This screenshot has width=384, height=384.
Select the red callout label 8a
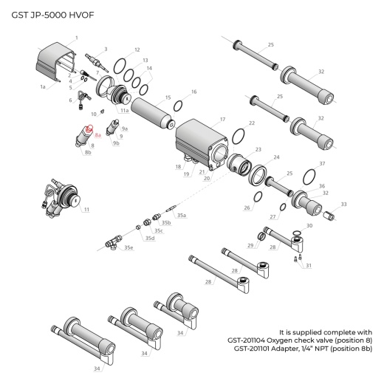tap(97, 135)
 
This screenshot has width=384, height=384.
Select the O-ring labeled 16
tap(179, 106)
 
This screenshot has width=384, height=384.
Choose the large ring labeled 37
tap(305, 177)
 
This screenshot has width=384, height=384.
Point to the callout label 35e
tap(129, 247)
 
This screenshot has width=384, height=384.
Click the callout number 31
tap(309, 265)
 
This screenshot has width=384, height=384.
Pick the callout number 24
tap(277, 157)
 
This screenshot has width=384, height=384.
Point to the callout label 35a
tap(181, 215)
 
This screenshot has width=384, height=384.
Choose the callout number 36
tap(320, 186)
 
